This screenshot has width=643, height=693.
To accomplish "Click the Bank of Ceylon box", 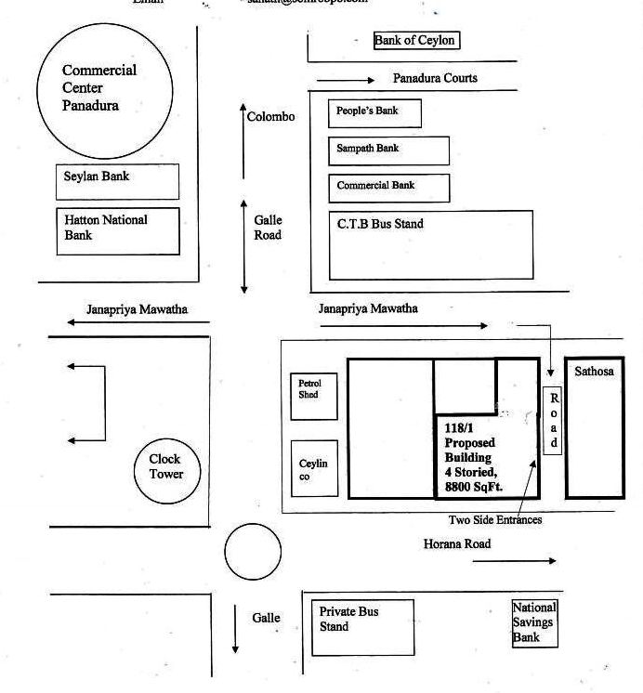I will click(x=415, y=40).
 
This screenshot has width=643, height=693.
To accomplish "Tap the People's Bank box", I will click(x=374, y=112).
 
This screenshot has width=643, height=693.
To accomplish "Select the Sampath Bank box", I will click(x=388, y=150).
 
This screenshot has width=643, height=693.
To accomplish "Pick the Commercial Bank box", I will click(x=388, y=188).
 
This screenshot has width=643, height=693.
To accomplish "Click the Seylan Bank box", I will click(x=117, y=182).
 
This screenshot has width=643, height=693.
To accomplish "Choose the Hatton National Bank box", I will click(x=117, y=230).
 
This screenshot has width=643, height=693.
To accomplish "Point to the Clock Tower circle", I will click(x=166, y=467).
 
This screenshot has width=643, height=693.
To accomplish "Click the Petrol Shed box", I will click(x=314, y=395).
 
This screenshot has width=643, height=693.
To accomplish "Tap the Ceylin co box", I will click(x=314, y=468).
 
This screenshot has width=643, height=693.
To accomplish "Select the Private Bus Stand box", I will click(x=362, y=628).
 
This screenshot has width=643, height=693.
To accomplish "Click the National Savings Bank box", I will click(x=535, y=622).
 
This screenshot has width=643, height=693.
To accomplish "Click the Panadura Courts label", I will click(x=435, y=78).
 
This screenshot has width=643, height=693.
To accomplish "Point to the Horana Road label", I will click(x=457, y=543).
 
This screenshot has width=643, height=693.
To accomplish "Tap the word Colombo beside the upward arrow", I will click(x=271, y=117).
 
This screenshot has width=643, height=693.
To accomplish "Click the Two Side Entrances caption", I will click(x=495, y=520).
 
